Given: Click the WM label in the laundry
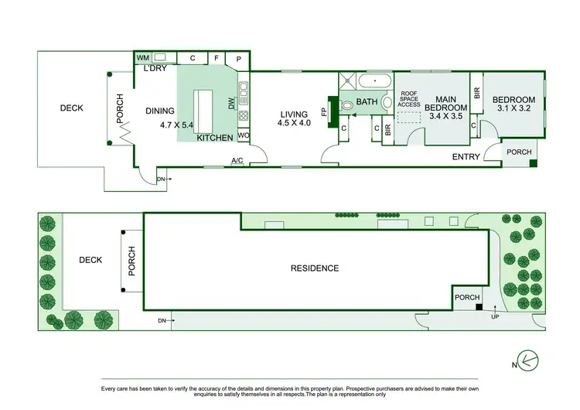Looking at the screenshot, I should pyautogui.click(x=142, y=58).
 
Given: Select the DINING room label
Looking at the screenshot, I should pyautogui.click(x=160, y=111).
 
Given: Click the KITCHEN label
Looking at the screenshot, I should pyautogui.click(x=214, y=138).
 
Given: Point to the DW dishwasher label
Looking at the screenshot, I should pyautogui.click(x=230, y=102).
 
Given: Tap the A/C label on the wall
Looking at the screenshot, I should pyautogui.click(x=237, y=161).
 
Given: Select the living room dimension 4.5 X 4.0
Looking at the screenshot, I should pyautogui.click(x=295, y=122).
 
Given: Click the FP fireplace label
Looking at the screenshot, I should pyautogui.click(x=324, y=110).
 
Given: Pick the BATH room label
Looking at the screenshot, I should pyautogui.click(x=367, y=102).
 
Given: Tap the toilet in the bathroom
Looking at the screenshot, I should pyautogui.click(x=346, y=103).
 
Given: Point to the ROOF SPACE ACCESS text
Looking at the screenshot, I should pyautogui.click(x=409, y=99).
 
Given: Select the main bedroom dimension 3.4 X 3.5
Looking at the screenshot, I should pyautogui.click(x=445, y=116).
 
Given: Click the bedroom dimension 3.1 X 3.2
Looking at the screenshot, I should pyautogui.click(x=513, y=111).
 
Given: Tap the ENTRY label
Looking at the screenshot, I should pyautogui.click(x=466, y=157).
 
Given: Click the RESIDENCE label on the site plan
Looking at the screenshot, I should pyautogui.click(x=314, y=268).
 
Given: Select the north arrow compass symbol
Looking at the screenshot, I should pyautogui.click(x=529, y=359).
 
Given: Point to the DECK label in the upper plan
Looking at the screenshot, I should pyautogui.click(x=71, y=108).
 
